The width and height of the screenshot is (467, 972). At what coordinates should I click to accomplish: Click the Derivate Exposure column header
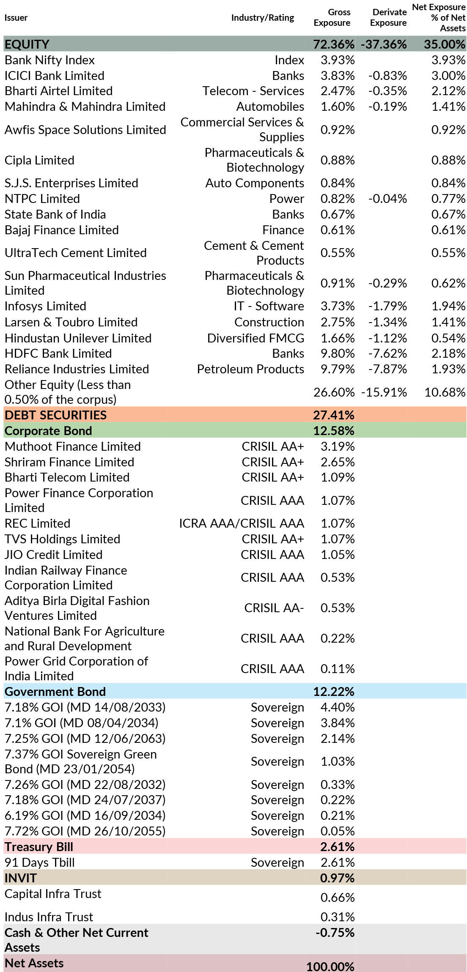(x=388, y=17)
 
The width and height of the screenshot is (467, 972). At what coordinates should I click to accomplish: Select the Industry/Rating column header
(x=262, y=17)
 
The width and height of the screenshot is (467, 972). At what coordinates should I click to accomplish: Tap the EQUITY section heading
(x=27, y=44)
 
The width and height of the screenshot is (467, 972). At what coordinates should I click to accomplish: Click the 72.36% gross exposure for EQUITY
(x=333, y=44)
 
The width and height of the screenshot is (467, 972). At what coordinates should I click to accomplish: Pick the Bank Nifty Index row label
(x=49, y=60)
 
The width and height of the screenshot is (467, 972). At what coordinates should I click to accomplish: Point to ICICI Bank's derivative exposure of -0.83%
(x=387, y=76)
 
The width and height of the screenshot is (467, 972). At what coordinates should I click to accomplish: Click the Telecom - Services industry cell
(x=253, y=91)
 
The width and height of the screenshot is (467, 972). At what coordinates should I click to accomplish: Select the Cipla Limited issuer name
(x=39, y=160)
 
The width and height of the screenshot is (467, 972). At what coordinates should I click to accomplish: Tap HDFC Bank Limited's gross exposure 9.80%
(x=337, y=353)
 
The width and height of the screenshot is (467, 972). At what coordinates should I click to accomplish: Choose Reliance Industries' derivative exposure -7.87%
(x=387, y=369)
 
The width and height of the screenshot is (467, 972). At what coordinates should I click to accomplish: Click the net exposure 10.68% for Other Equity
(x=445, y=392)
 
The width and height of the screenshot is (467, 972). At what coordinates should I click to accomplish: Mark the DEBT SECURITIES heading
(x=55, y=415)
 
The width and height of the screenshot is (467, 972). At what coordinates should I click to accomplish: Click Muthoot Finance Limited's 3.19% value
(x=337, y=446)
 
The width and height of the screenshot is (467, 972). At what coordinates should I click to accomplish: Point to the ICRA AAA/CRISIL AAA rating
(x=241, y=523)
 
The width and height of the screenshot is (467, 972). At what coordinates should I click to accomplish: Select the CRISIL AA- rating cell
(x=274, y=608)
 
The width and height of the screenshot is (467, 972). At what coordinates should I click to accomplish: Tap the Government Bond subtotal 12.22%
(x=333, y=692)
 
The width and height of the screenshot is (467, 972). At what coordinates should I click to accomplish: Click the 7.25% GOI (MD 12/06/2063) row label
(x=85, y=739)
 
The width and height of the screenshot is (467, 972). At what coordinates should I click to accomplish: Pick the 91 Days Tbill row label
(x=39, y=862)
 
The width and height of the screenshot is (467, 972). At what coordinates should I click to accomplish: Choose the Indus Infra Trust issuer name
(x=49, y=917)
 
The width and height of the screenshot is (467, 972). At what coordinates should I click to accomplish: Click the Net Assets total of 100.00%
(x=330, y=967)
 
